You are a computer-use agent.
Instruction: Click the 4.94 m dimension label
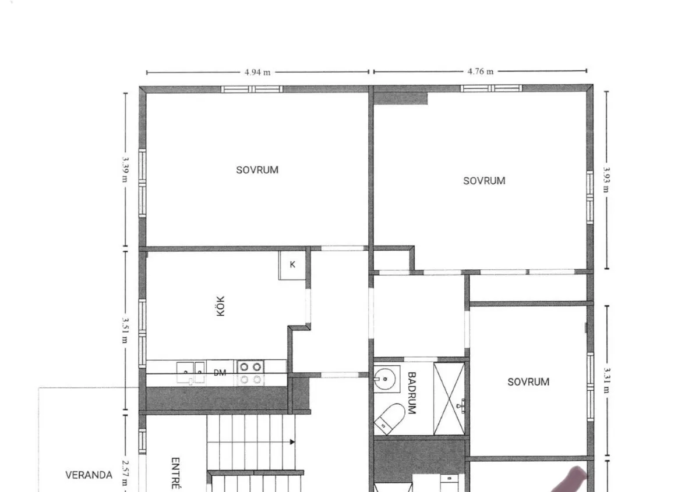(x=257, y=72)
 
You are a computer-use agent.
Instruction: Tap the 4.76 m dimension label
(x=480, y=72)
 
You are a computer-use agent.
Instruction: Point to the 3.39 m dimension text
(x=125, y=169)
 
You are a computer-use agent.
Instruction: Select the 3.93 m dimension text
(x=606, y=180)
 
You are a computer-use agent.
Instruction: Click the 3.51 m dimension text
(x=125, y=330)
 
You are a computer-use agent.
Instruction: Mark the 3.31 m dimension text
(x=606, y=380)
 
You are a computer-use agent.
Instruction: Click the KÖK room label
(x=220, y=306)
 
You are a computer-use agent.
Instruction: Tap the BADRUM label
(x=412, y=393)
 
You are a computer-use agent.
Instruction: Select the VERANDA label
(x=89, y=475)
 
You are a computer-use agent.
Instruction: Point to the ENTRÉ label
(x=175, y=473)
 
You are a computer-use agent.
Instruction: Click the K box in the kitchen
(x=292, y=265)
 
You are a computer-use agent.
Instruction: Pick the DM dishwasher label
(x=220, y=373)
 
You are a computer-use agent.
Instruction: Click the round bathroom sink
(x=385, y=379)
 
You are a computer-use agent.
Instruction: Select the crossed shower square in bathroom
(x=449, y=398)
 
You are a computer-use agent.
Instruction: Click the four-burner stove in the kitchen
(x=250, y=373)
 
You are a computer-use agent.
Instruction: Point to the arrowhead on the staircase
(x=292, y=442)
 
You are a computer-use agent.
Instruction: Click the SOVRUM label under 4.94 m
(x=257, y=170)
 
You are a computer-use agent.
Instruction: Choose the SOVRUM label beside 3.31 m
(x=528, y=382)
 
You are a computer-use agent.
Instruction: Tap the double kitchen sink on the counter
(x=190, y=373)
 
